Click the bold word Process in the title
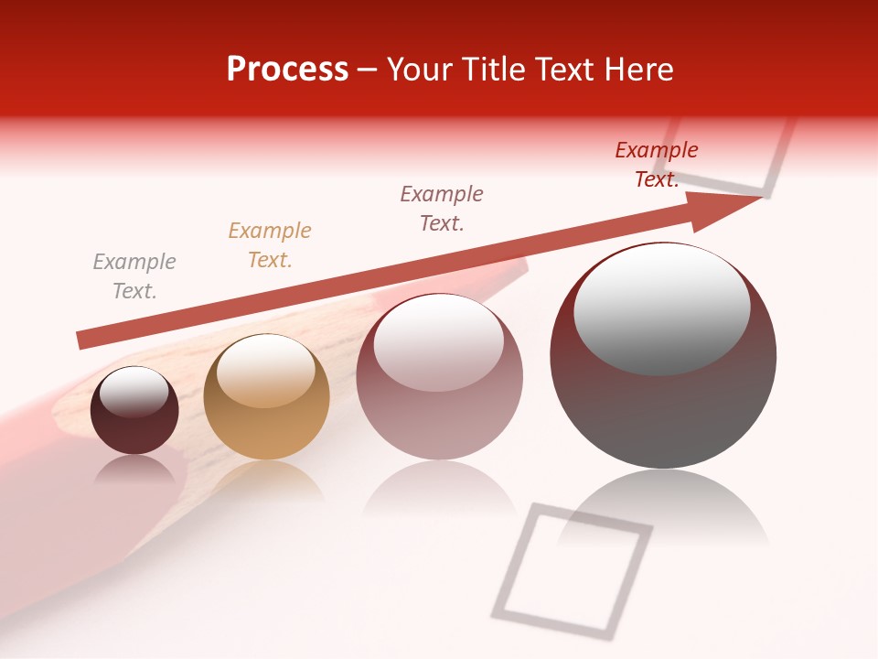287,70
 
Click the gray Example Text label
134,276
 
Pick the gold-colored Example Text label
270,245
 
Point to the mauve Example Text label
442,209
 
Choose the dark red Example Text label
657,165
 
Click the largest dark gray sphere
663,412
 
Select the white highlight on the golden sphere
266,372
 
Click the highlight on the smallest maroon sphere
134,392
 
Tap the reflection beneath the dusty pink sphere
440,494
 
